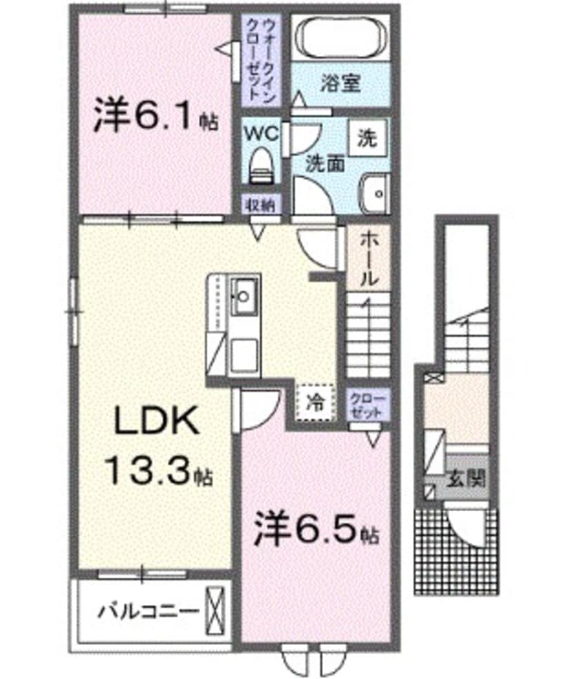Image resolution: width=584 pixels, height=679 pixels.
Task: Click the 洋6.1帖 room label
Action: (x=155, y=118)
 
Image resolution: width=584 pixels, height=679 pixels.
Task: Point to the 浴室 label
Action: (x=340, y=84)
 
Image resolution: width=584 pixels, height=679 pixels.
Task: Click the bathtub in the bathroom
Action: (x=340, y=39)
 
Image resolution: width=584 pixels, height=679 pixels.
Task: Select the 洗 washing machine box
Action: (x=367, y=140)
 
